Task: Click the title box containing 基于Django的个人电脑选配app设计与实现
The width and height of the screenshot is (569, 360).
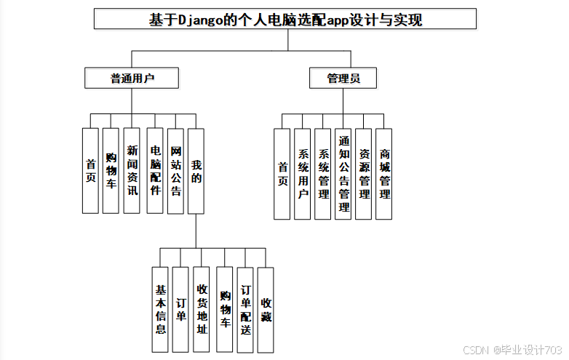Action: pos(285,19)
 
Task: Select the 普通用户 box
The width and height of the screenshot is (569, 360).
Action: pos(132,78)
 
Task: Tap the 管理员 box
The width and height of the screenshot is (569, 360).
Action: pos(343,78)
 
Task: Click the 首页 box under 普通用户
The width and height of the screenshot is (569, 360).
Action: pos(90,171)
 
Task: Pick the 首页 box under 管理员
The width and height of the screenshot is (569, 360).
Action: pos(282,174)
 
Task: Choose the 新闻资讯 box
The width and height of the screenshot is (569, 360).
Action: pos(132,171)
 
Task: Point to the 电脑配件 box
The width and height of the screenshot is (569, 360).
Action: pos(154,171)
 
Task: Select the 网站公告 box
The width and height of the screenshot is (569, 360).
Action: pos(175,171)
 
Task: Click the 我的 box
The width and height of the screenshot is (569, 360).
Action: pos(196,171)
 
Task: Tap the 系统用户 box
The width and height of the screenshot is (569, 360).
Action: pos(303,174)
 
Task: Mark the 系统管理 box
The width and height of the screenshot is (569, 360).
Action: pos(323,174)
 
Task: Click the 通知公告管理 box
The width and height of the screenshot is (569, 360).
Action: pos(343,174)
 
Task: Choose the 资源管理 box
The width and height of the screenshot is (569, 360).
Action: pos(364,174)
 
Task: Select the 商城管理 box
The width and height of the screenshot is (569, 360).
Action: pos(384,174)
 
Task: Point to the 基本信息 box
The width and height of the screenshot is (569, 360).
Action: pos(161,309)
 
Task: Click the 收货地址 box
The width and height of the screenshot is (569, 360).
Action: pos(202,309)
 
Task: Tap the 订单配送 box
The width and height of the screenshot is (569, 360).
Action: pos(245,309)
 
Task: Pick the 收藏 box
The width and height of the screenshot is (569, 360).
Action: pos(266,309)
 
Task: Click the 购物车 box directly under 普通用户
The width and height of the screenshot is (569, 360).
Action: pos(111,171)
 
